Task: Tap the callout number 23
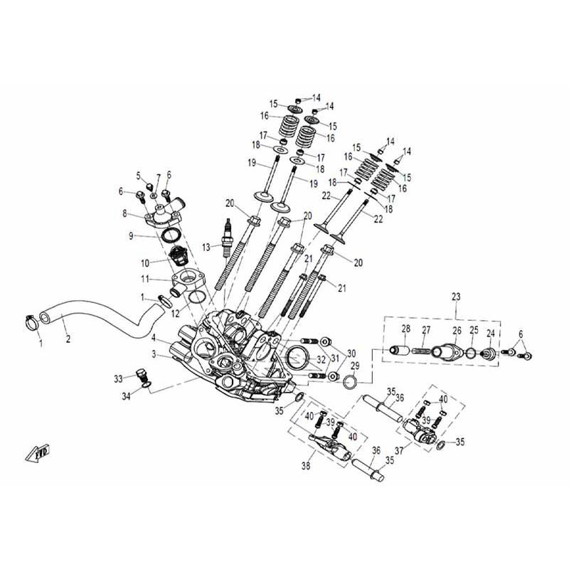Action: tap(455, 297)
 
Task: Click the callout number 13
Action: tap(206, 248)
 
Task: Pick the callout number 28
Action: tap(406, 329)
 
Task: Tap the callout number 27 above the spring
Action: tap(427, 329)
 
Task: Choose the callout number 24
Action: tap(490, 333)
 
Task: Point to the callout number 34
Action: tap(125, 395)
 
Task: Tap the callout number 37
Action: tap(399, 450)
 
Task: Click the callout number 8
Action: tap(125, 213)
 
